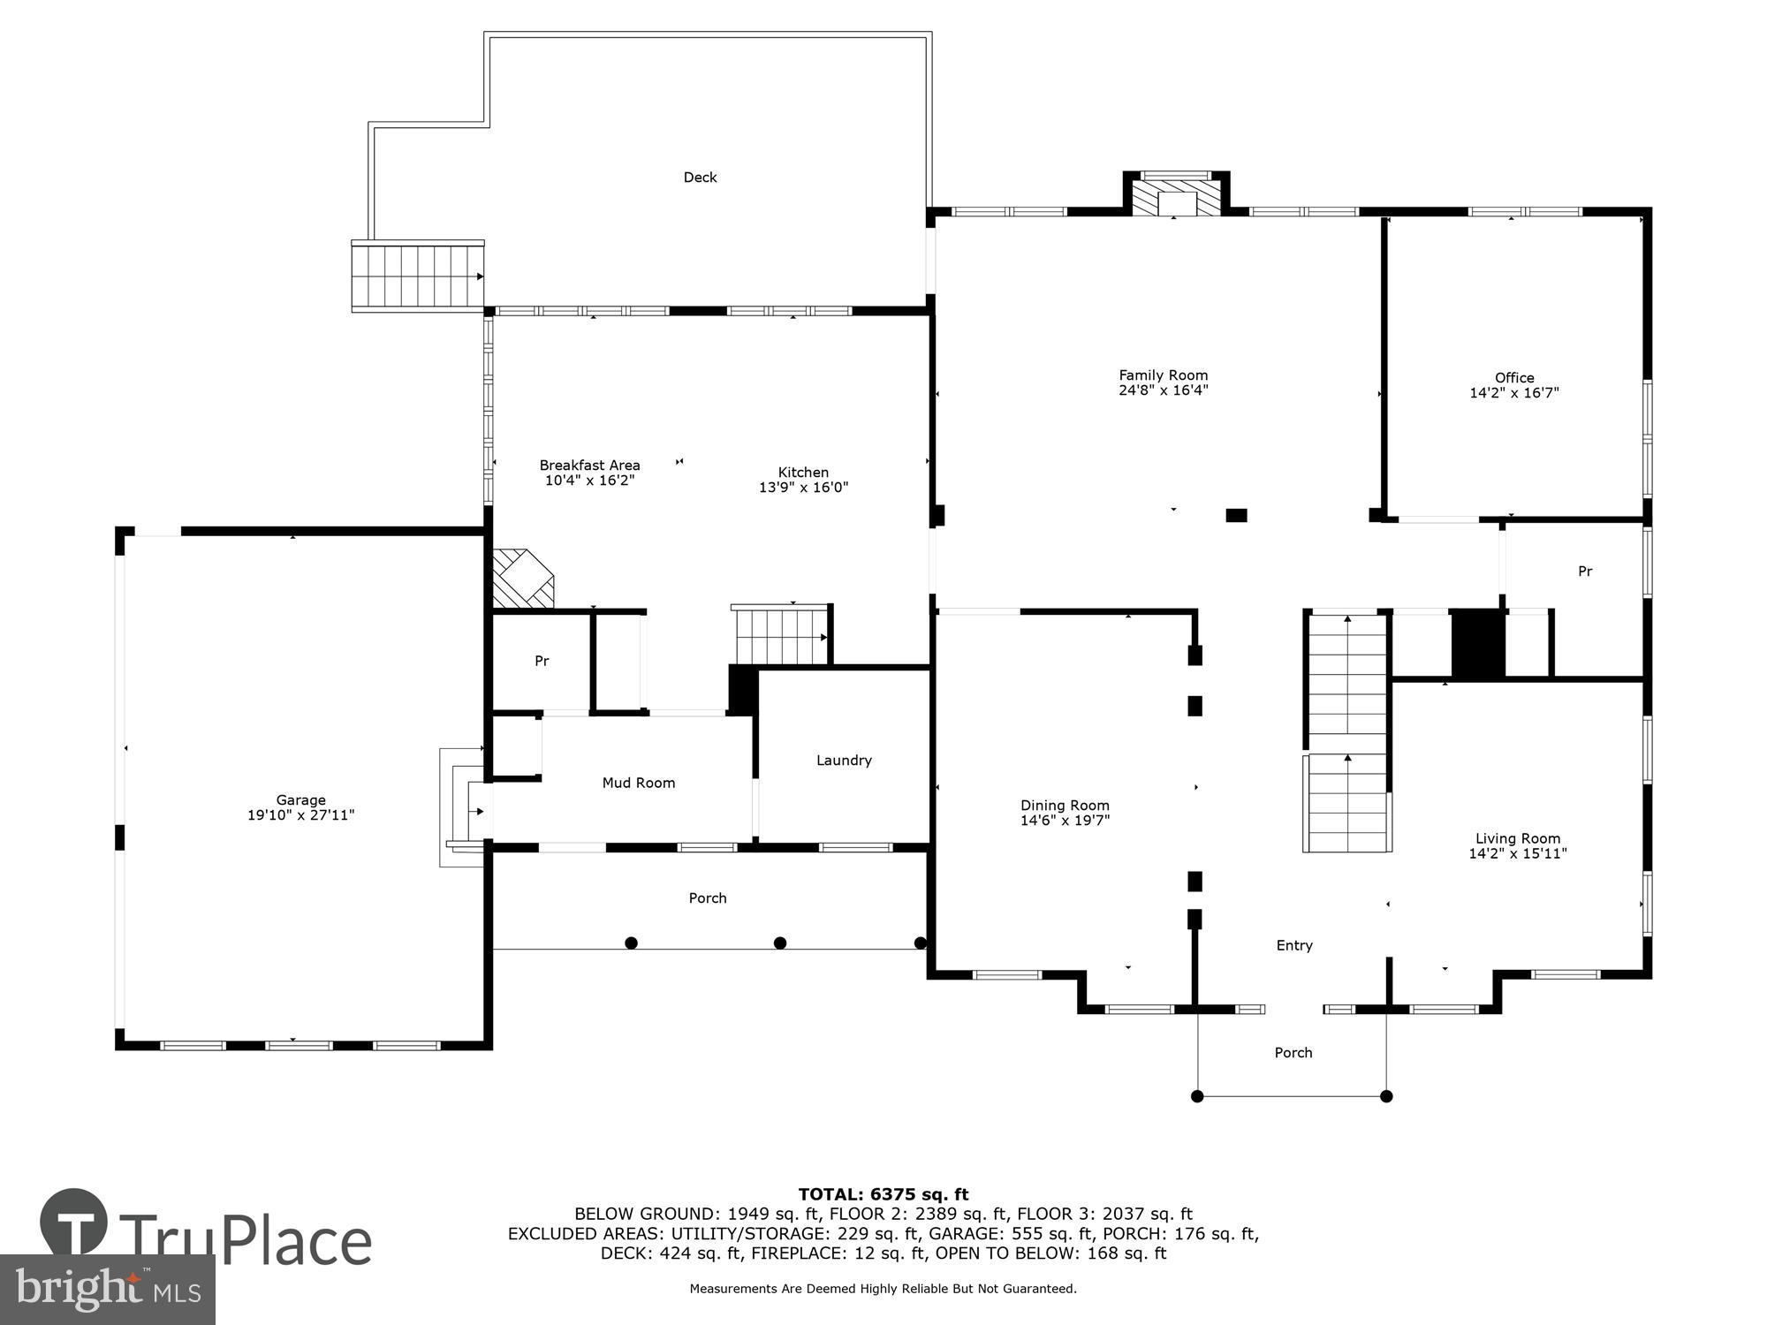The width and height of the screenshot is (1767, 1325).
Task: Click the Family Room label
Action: [1163, 375]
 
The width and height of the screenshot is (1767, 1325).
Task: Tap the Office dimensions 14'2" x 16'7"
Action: [1513, 393]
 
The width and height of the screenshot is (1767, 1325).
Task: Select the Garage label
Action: [300, 800]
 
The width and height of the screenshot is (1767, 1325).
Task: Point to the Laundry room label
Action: [844, 761]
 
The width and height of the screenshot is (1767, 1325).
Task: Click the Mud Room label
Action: [638, 783]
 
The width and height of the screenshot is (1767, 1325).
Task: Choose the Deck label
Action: [700, 178]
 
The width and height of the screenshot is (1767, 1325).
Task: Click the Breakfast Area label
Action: [589, 466]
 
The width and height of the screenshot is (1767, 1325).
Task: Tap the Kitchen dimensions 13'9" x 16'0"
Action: [803, 488]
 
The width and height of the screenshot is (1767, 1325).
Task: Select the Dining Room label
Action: [1065, 806]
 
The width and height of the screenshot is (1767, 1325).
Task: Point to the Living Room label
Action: [1517, 838]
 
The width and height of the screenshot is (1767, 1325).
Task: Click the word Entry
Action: [1294, 946]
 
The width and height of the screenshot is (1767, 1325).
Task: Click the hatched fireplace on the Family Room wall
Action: [1175, 195]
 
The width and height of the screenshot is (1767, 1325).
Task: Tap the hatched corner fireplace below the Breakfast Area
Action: [521, 579]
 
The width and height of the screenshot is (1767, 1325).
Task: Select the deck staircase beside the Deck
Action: [417, 276]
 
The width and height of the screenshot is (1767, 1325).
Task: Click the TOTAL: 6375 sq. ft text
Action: [883, 1195]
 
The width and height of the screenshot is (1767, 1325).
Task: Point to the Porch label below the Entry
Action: [1293, 1053]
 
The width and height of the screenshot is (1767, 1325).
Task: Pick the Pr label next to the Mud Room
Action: [542, 661]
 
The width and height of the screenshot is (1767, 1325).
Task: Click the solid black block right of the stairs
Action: [1478, 645]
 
